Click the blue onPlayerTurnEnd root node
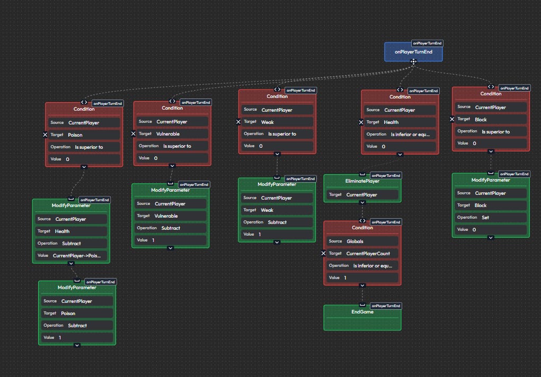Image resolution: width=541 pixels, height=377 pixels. point(413,52)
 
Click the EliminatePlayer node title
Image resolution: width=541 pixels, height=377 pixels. point(362,181)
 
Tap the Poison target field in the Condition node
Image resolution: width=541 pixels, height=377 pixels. point(84,135)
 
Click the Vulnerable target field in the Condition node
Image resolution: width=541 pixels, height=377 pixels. point(172,134)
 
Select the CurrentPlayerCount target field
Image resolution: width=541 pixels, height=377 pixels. point(362,254)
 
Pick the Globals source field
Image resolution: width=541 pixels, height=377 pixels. point(362,241)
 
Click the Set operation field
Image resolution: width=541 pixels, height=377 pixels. point(491,218)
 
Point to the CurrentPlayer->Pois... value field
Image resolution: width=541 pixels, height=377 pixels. point(71,256)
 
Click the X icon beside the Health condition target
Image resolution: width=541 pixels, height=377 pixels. point(361,122)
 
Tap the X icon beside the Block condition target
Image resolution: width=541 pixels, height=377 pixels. point(452,120)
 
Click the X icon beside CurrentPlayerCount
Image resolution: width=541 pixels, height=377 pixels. point(324,254)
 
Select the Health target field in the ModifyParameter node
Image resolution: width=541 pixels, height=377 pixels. point(71,231)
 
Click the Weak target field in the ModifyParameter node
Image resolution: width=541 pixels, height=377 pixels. point(277,210)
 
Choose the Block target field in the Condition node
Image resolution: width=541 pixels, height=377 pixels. point(491,120)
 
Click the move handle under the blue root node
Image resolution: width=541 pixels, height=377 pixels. point(413,61)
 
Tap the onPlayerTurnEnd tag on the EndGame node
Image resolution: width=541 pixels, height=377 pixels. point(385,306)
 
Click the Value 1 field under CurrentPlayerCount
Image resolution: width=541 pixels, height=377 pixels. point(362,277)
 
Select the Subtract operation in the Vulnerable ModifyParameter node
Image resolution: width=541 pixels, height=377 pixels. point(170,228)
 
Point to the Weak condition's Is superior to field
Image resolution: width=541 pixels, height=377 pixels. point(277,134)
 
